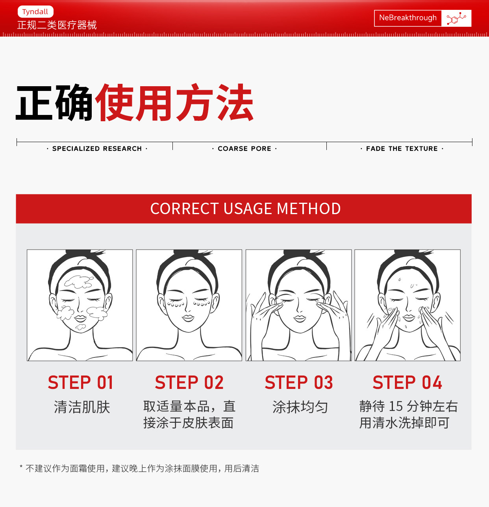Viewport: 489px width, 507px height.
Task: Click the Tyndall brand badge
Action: click(35, 12)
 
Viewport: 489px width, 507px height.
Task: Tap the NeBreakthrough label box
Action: click(408, 18)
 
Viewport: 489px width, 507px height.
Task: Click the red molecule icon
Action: click(456, 18)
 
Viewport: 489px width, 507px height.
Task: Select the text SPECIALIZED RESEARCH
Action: click(97, 148)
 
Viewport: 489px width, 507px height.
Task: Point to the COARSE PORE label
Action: click(245, 148)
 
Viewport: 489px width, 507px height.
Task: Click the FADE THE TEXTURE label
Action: click(402, 148)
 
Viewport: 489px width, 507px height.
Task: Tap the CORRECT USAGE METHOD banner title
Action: click(245, 209)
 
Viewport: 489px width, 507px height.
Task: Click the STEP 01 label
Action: click(81, 383)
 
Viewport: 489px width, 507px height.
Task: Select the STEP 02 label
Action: click(189, 383)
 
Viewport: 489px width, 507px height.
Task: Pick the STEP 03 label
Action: click(299, 383)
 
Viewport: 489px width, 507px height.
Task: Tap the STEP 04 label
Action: click(408, 383)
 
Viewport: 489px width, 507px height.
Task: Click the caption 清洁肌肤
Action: click(82, 407)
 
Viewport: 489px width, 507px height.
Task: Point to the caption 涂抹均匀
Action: click(300, 407)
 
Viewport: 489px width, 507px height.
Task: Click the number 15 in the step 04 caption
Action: click(396, 406)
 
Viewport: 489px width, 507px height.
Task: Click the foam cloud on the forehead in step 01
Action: click(79, 281)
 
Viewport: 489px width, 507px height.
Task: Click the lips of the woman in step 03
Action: click(300, 318)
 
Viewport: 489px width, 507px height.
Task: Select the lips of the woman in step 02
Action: click(188, 318)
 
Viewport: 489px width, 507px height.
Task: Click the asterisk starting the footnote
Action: click(21, 467)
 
